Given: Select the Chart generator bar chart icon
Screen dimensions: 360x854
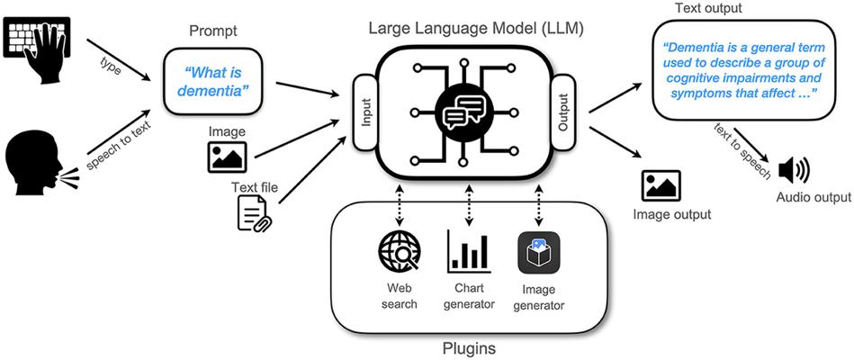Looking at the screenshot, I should (x=468, y=253).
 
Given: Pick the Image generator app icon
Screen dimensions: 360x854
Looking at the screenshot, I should (x=538, y=254).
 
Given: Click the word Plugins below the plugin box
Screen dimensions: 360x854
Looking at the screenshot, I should (x=470, y=346).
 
